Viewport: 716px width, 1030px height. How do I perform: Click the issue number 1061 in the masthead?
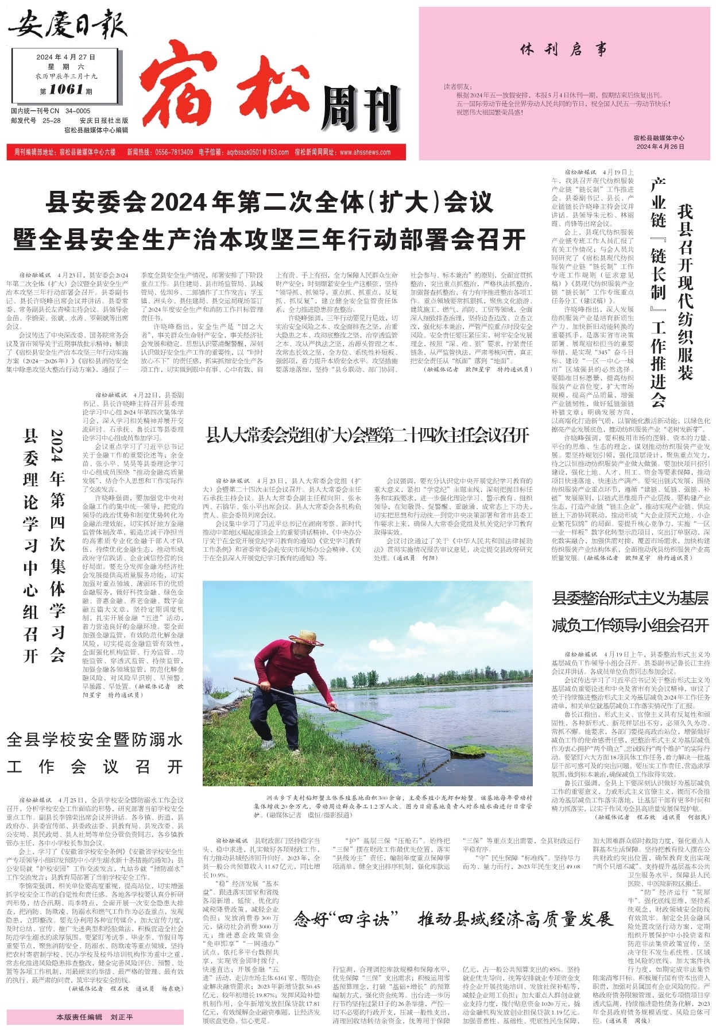tap(66, 89)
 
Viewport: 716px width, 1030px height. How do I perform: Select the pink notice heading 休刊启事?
tap(563, 50)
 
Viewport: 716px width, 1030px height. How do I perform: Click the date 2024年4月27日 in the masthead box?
tap(66, 57)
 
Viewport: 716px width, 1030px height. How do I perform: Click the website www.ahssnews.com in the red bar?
tap(365, 152)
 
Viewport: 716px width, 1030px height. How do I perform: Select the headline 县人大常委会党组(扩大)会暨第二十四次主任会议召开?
tap(367, 436)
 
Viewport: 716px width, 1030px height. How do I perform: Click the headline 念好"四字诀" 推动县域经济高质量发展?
tap(453, 919)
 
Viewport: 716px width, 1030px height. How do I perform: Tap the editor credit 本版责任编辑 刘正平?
tap(95, 1017)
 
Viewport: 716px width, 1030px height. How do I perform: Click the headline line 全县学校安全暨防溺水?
tap(95, 739)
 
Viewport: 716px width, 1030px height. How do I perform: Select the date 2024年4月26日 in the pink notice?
tap(660, 147)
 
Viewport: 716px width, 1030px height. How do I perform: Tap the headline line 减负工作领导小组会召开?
tap(630, 625)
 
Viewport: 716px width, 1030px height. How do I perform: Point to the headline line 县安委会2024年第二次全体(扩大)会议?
tap(270, 202)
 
